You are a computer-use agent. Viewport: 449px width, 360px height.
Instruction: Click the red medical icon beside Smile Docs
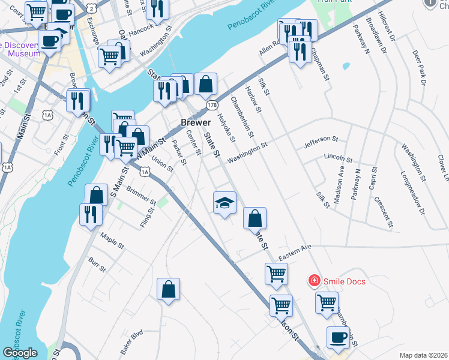coord(313,280)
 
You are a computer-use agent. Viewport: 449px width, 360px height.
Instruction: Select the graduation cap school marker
coord(224,202)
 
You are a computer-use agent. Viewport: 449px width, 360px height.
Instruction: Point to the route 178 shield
coord(212,105)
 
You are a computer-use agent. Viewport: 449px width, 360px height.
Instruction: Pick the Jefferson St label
coord(321,140)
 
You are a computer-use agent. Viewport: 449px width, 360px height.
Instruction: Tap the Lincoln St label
coord(338,158)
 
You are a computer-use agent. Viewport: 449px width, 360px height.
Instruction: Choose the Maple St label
coord(112,241)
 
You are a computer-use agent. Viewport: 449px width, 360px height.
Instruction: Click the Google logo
coord(20,353)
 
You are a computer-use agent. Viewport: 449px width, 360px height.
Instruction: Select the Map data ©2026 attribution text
coord(423,355)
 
